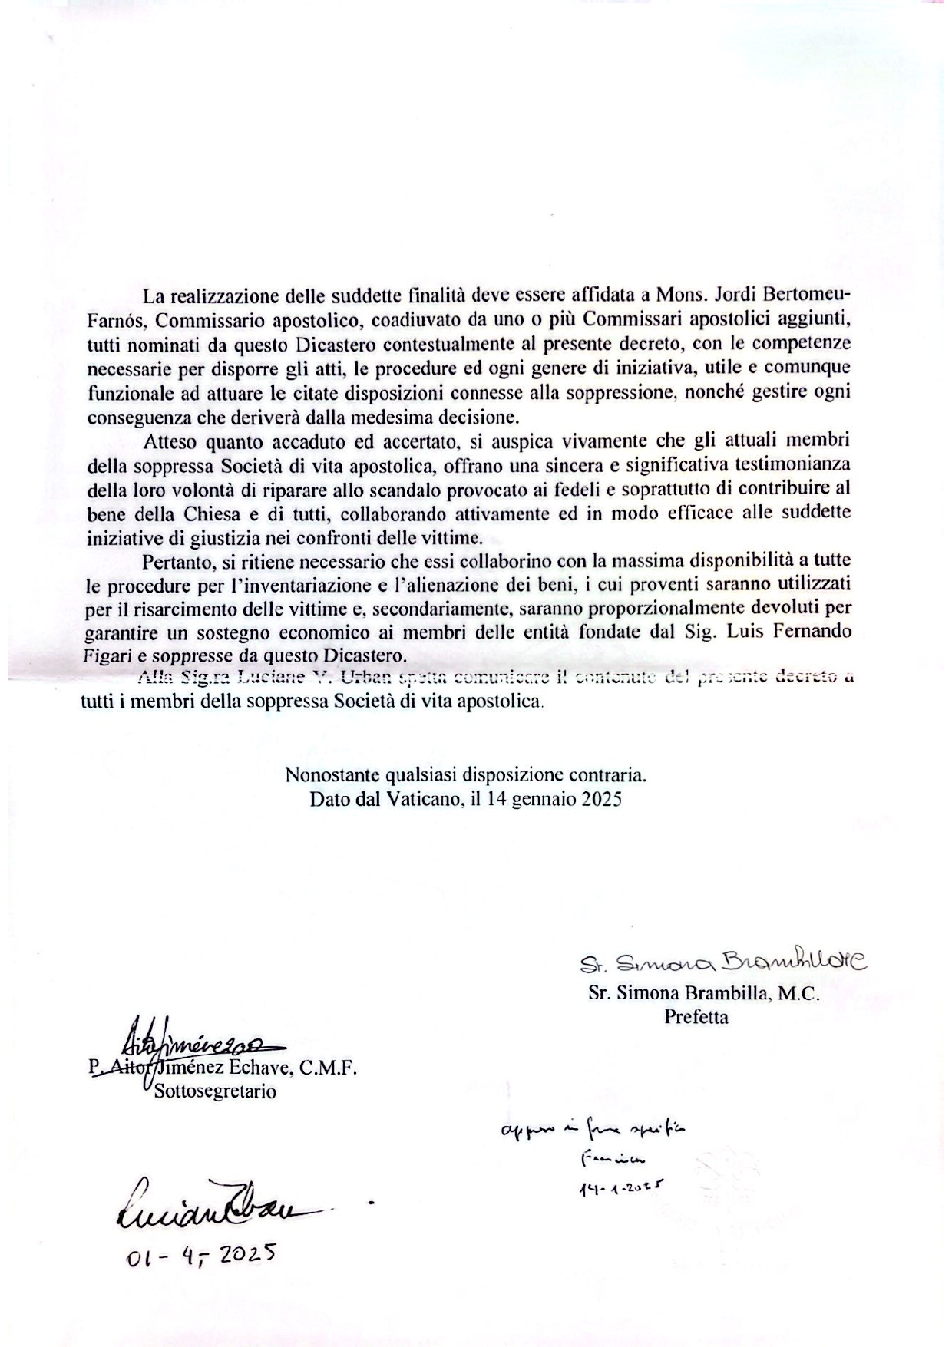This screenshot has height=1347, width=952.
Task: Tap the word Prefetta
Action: coord(696,1018)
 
